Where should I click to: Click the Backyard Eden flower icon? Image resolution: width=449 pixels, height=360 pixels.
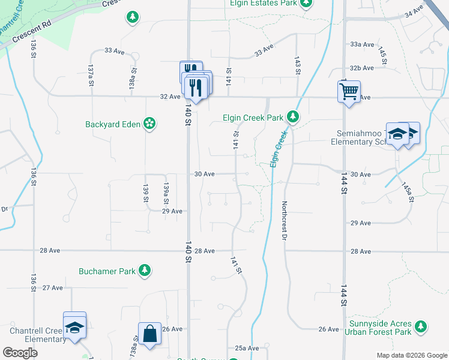point(149,124)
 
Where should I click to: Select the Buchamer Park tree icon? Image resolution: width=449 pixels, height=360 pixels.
point(144,271)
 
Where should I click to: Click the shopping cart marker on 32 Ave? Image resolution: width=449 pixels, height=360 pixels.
point(349,92)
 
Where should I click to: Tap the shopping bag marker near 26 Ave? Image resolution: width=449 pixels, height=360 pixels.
point(149,334)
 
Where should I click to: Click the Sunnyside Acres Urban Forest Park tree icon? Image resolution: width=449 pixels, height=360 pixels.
point(421,327)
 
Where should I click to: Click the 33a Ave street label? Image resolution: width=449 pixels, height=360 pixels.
point(362,44)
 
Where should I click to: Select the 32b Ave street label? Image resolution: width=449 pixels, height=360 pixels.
point(362,68)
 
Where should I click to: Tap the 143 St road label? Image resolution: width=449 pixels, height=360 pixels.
point(297,65)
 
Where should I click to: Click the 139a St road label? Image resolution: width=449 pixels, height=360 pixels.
point(166,193)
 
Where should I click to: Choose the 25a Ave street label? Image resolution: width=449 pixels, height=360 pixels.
point(246,348)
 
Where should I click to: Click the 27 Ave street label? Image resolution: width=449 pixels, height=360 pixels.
point(53,288)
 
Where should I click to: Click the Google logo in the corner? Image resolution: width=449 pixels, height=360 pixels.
point(20,353)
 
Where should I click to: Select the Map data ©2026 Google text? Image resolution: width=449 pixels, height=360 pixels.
point(412,356)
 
